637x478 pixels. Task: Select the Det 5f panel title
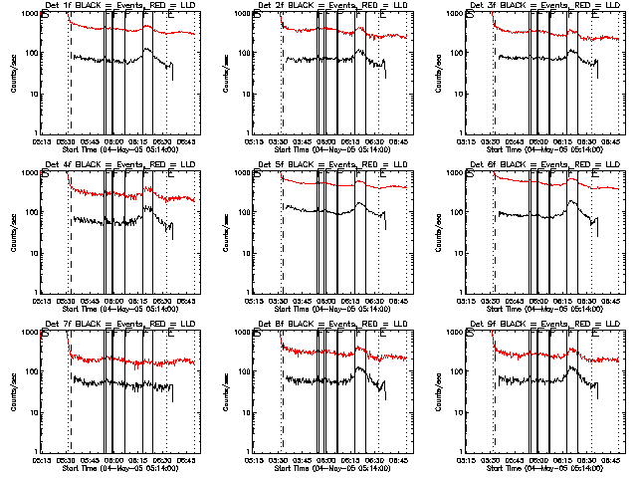pyautogui.click(x=331, y=165)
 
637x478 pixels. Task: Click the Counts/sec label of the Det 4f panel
pyautogui.click(x=13, y=231)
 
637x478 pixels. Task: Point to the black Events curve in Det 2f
pyautogui.click(x=299, y=60)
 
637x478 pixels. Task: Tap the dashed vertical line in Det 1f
pyautogui.click(x=69, y=90)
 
